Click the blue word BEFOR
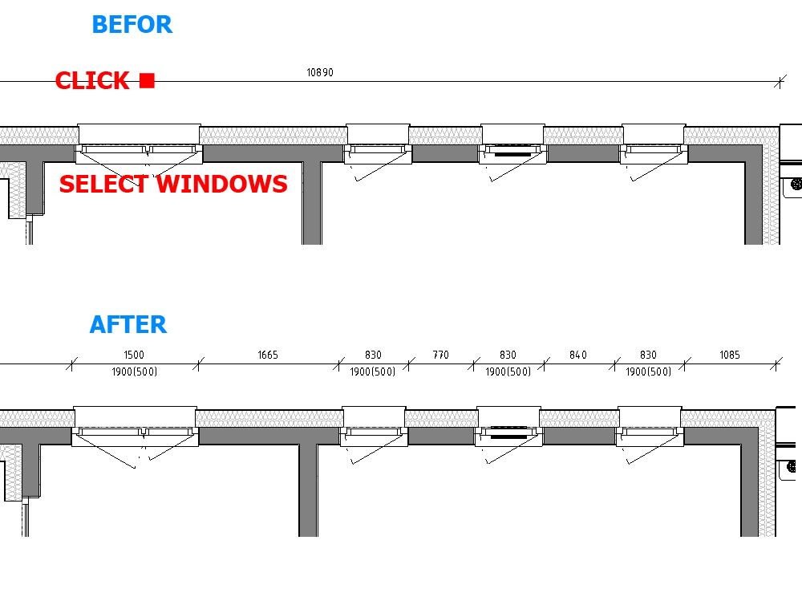[x=132, y=25]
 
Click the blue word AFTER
[x=128, y=325]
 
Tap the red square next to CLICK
[x=147, y=80]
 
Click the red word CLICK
[x=92, y=81]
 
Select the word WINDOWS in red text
[x=222, y=185]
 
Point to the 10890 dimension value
[x=320, y=72]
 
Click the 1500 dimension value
[x=134, y=355]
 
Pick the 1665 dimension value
[x=268, y=355]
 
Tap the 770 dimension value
[x=441, y=355]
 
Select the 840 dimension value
[x=578, y=355]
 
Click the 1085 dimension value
[x=730, y=355]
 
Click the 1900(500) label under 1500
[x=134, y=372]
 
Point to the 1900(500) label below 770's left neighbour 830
[x=373, y=372]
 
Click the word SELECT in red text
[x=105, y=185]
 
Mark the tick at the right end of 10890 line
[x=779, y=81]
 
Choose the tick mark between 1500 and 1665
[x=199, y=364]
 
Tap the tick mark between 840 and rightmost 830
[x=614, y=364]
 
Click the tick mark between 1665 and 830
[x=339, y=364]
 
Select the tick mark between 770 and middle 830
[x=475, y=364]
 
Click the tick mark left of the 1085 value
[x=684, y=364]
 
